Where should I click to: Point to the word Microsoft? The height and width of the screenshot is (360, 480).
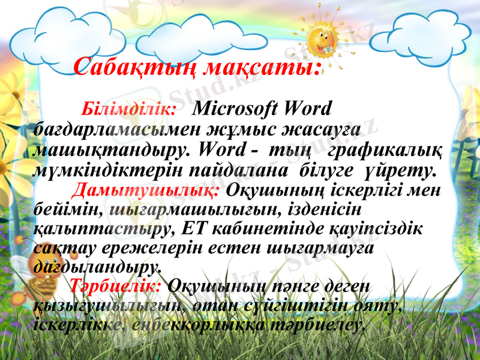click(236, 109)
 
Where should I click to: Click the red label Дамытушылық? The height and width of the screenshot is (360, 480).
click(148, 191)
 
